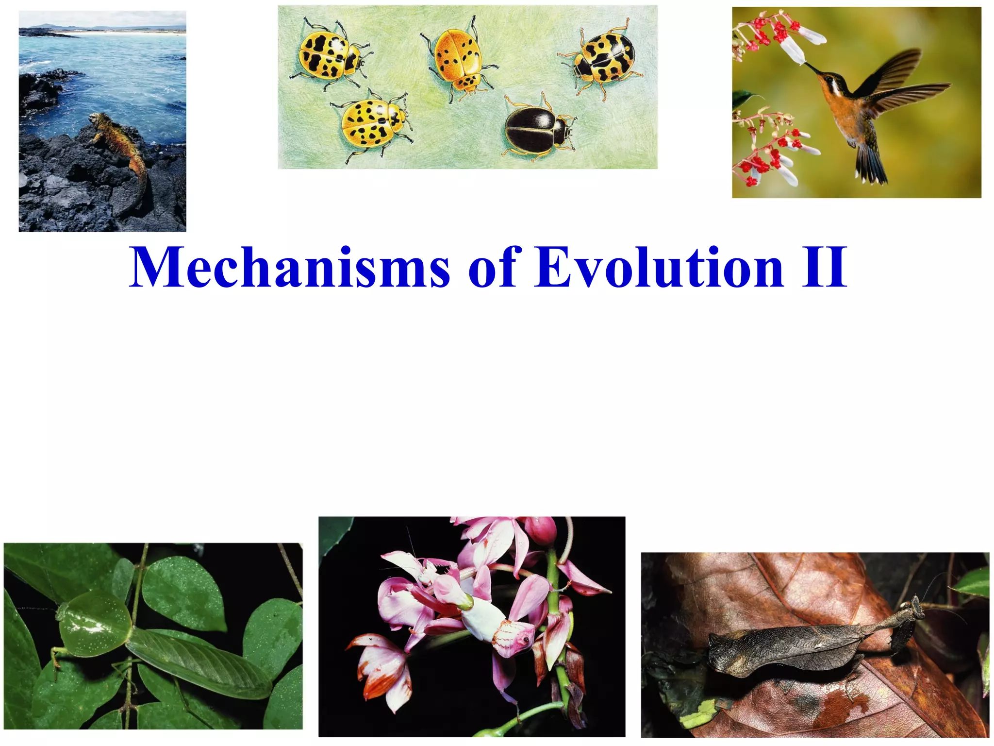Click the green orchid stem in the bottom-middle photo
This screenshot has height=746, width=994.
point(555,631)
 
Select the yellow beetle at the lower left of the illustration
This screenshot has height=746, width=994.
point(372,124)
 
